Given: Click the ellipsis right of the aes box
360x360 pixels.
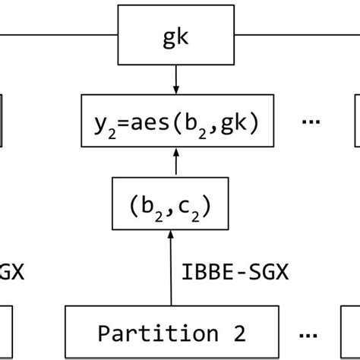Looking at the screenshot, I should point(309,122).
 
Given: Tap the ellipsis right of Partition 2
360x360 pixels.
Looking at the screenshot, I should point(309,333).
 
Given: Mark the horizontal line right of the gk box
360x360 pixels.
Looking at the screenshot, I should point(300,36).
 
